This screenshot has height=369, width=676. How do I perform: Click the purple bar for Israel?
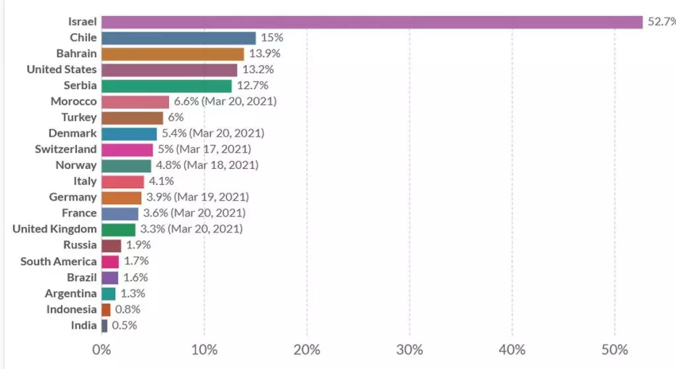coord(372,22)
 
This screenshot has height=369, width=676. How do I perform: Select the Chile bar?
coord(178,38)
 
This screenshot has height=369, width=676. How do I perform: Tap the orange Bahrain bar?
coord(172,54)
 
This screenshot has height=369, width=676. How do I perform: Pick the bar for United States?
coord(169,70)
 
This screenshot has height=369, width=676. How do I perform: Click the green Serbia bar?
coord(166,86)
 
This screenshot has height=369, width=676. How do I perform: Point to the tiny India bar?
coord(104,325)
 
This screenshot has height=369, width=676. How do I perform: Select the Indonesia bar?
coord(106,310)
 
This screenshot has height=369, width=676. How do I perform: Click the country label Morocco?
coord(73,102)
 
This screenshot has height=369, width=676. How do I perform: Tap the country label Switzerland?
coord(65,149)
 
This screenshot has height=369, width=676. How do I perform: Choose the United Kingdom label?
coord(55,229)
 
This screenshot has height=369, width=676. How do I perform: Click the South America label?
coord(58,261)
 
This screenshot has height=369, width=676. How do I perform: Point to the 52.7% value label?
coord(661,22)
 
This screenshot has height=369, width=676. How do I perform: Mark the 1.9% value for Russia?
coord(139,246)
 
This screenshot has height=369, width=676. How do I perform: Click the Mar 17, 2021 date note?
coord(217,149)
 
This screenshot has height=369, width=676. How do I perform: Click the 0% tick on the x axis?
coord(102,349)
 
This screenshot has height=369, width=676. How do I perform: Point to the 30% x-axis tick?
coord(409,349)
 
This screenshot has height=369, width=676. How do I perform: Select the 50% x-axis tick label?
coord(614,349)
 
